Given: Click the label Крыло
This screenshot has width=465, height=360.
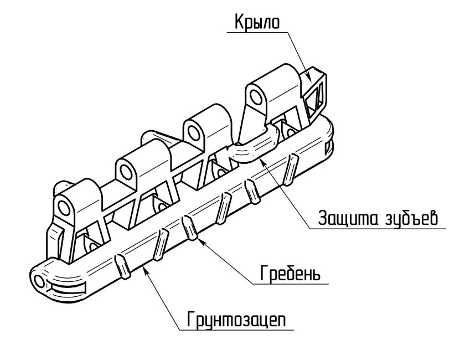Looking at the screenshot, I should [257, 22].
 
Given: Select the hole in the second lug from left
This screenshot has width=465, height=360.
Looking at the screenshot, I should [126, 167].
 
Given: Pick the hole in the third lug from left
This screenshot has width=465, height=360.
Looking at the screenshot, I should [194, 132].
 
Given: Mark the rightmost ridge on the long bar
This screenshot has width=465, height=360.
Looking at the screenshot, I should [289, 169].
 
